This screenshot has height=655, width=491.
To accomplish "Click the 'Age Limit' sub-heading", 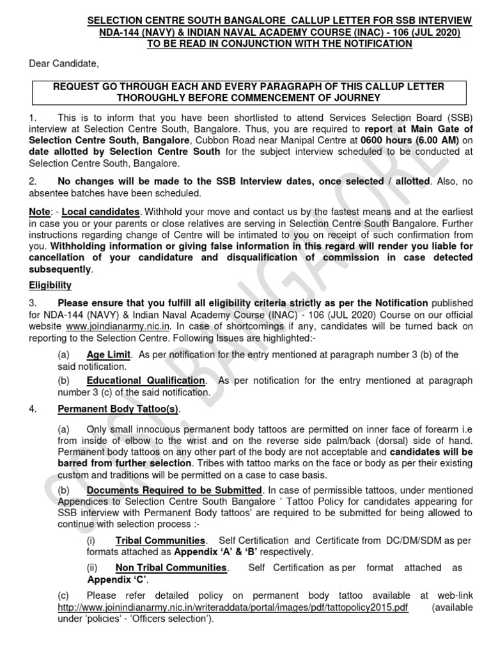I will click(109, 355).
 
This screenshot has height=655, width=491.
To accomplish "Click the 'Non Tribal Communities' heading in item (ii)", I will click(171, 567).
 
